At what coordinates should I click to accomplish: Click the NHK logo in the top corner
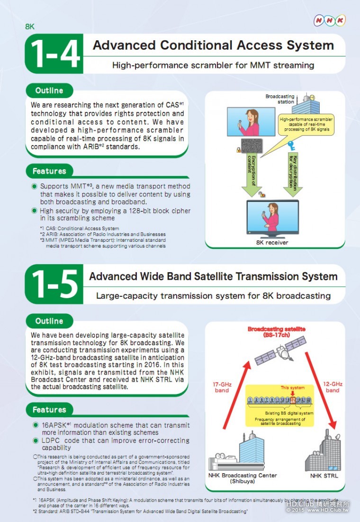330,20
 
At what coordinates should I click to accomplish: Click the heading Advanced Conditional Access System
213,46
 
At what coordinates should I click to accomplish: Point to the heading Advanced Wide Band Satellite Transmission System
213,276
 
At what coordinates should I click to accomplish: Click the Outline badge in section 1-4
49,91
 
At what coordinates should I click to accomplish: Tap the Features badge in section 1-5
49,410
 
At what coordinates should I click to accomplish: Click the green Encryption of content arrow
252,174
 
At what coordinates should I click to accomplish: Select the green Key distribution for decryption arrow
293,174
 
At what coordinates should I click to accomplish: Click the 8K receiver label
272,243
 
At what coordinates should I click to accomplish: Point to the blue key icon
292,146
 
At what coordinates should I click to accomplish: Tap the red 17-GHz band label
222,387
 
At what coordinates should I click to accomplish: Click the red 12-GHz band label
333,387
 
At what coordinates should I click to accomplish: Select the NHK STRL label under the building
324,476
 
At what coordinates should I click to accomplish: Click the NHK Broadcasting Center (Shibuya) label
243,478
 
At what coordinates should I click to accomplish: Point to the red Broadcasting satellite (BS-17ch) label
276,332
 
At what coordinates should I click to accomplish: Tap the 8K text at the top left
30,27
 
